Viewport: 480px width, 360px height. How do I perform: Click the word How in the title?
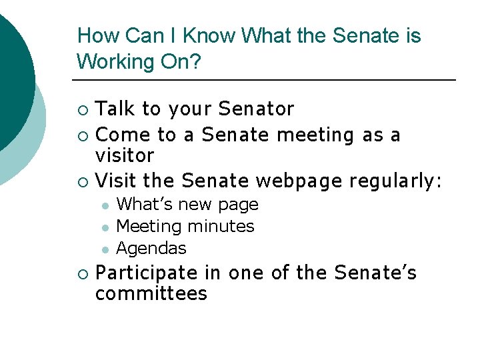93,35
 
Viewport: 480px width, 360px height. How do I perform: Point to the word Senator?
256,109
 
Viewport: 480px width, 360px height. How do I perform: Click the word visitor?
125,156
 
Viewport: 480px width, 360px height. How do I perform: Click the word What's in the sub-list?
143,205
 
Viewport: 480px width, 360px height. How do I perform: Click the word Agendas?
151,249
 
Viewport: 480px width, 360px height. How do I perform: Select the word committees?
151,294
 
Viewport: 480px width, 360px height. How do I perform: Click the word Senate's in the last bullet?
376,273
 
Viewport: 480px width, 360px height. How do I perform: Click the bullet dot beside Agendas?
104,249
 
